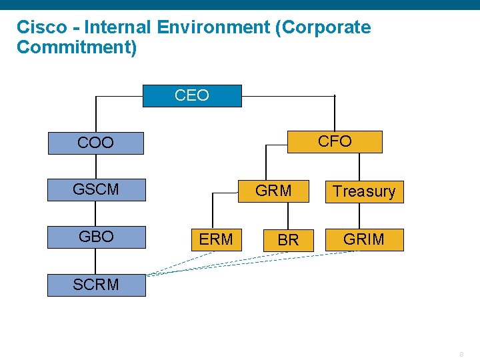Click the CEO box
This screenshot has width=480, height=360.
pyautogui.click(x=192, y=96)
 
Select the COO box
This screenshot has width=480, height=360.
pyautogui.click(x=95, y=143)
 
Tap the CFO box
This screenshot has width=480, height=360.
pyautogui.click(x=335, y=141)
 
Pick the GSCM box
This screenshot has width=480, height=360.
pyautogui.click(x=95, y=190)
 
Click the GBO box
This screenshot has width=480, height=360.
pyautogui.click(x=96, y=237)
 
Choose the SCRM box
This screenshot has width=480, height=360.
pyautogui.click(x=96, y=285)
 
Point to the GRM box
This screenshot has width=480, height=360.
pyautogui.click(x=274, y=191)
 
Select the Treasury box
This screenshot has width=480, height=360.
pyautogui.click(x=364, y=191)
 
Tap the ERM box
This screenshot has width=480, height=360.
pyautogui.click(x=216, y=239)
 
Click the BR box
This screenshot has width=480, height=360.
pyautogui.click(x=288, y=240)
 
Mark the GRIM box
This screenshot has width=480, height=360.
pyautogui.click(x=364, y=239)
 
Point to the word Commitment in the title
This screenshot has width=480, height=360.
pyautogui.click(x=73, y=48)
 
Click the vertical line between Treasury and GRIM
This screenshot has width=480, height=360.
pyautogui.click(x=359, y=215)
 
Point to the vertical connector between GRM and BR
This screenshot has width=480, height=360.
pyautogui.click(x=288, y=215)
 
